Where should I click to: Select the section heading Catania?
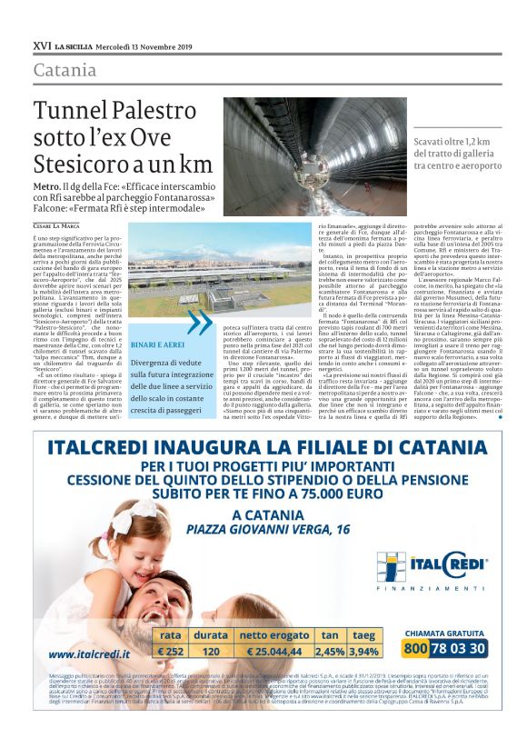[x=65, y=70]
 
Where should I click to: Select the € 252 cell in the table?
[x=173, y=651]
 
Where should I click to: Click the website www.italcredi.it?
[x=89, y=653]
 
